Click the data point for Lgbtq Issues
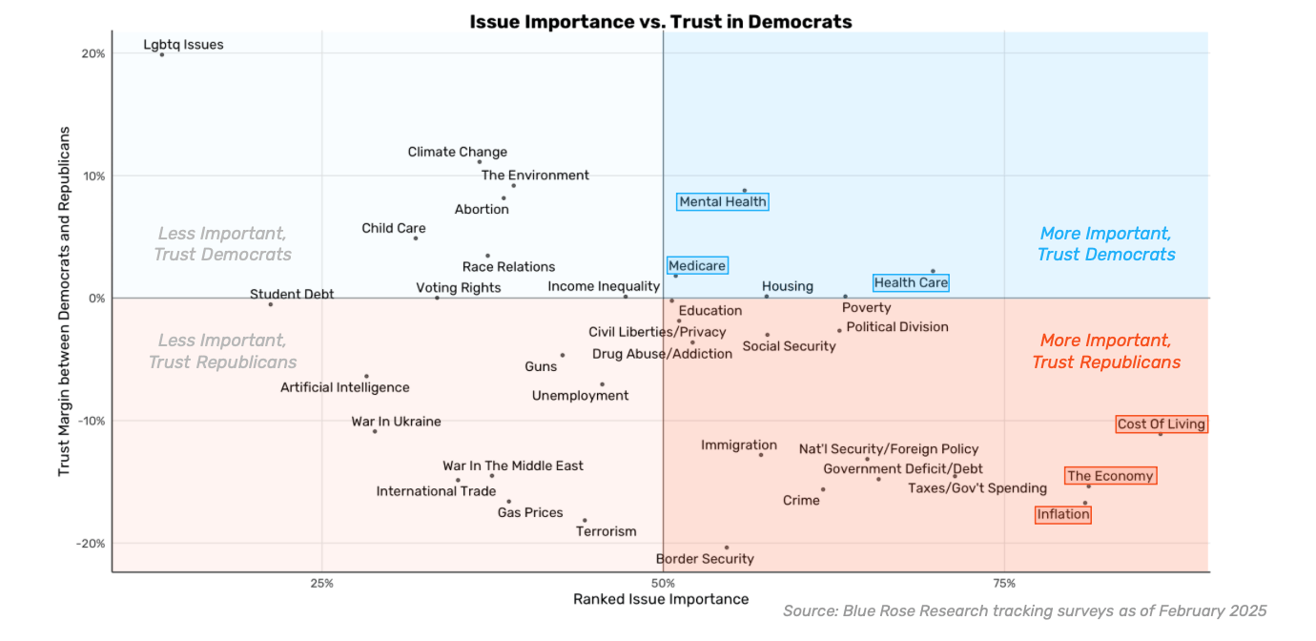pyautogui.click(x=162, y=54)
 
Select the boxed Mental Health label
pyautogui.click(x=723, y=202)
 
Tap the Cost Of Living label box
pyautogui.click(x=1162, y=424)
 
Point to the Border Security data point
pyautogui.click(x=727, y=548)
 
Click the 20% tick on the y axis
pyautogui.click(x=93, y=54)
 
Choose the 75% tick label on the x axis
pyautogui.click(x=1003, y=583)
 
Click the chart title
pyautogui.click(x=661, y=21)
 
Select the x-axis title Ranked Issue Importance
pyautogui.click(x=661, y=600)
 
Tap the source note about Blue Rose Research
pyautogui.click(x=1024, y=611)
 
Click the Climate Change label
pyautogui.click(x=458, y=153)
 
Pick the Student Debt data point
pyautogui.click(x=271, y=304)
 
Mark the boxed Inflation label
pyautogui.click(x=1063, y=515)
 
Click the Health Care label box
pyautogui.click(x=911, y=282)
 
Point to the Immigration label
pyautogui.click(x=739, y=445)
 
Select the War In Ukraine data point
pyautogui.click(x=375, y=431)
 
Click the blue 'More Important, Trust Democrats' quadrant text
pyautogui.click(x=1106, y=244)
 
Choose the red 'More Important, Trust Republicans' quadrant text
pyautogui.click(x=1106, y=352)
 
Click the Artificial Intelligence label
pyautogui.click(x=345, y=388)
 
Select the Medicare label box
pyautogui.click(x=697, y=266)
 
